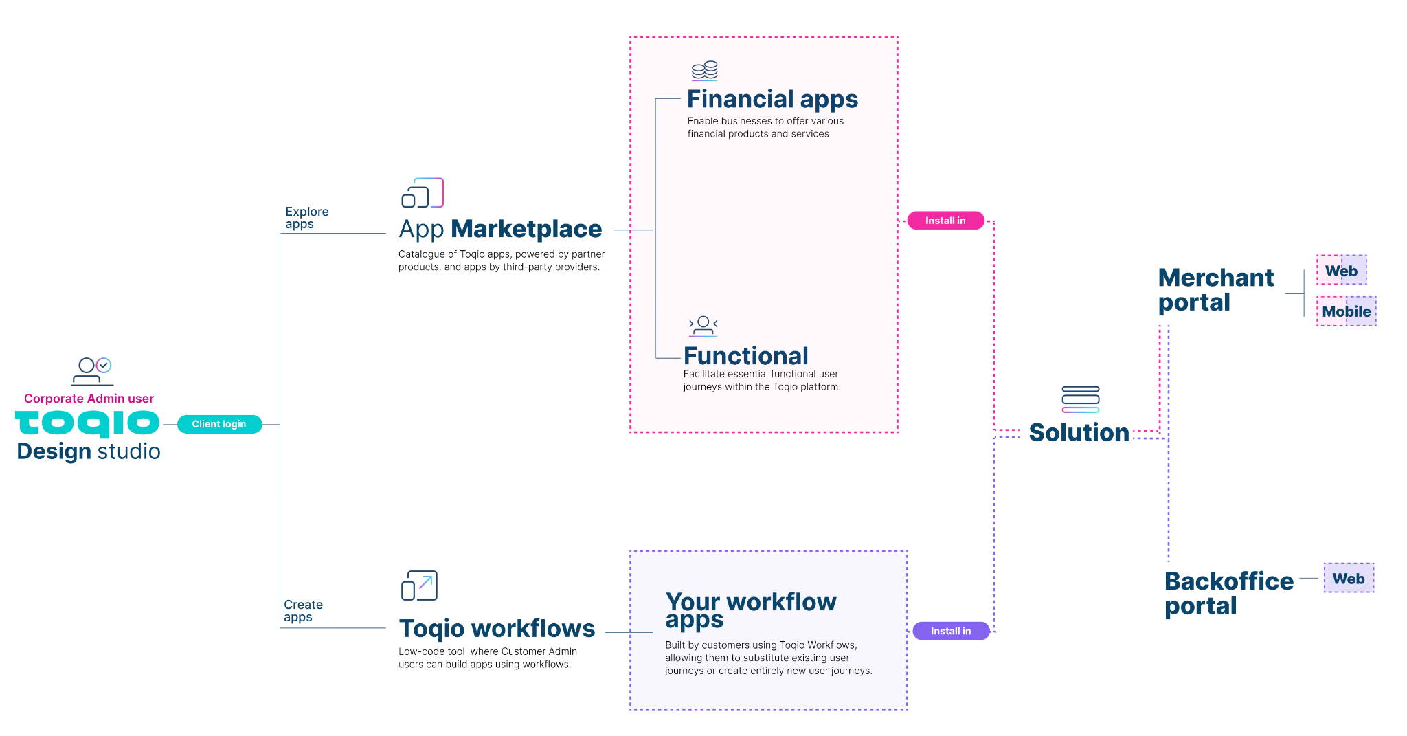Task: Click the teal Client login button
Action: pyautogui.click(x=219, y=424)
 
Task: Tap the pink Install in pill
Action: pyautogui.click(x=945, y=221)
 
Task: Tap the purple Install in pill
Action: pyautogui.click(x=951, y=631)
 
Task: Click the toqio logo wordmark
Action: pyautogui.click(x=87, y=423)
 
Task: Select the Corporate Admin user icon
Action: pyautogui.click(x=93, y=371)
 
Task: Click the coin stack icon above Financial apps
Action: pyautogui.click(x=704, y=71)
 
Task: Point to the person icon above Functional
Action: pyautogui.click(x=703, y=326)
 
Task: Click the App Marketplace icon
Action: pyautogui.click(x=423, y=193)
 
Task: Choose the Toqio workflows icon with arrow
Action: pyautogui.click(x=419, y=586)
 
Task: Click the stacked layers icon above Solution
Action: pyautogui.click(x=1080, y=399)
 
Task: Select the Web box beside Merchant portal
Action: pyautogui.click(x=1341, y=270)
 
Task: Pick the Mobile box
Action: pyautogui.click(x=1346, y=311)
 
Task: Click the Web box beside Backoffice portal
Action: pyautogui.click(x=1349, y=578)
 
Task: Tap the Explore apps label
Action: pyautogui.click(x=306, y=218)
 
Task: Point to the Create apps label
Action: pyautogui.click(x=303, y=611)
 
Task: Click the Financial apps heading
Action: pyautogui.click(x=772, y=100)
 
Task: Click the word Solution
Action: pyautogui.click(x=1079, y=432)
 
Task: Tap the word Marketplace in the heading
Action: pyautogui.click(x=526, y=229)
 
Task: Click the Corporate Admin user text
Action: pyautogui.click(x=89, y=399)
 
